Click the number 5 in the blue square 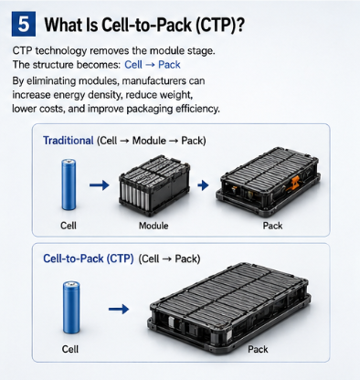coord(24,24)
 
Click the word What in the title coord(63,25)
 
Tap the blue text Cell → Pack coord(153,65)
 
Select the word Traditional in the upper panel coord(69,141)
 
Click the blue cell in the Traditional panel coord(69,185)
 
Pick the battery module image coord(154,185)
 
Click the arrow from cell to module coord(100,185)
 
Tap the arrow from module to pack coord(203,185)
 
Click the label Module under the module coord(154,226)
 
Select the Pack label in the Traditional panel coord(272,226)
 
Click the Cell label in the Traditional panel coord(69,226)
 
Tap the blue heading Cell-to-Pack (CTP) coord(89,259)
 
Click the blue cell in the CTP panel coord(71,307)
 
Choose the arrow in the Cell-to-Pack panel coord(119,309)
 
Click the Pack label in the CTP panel coord(258,349)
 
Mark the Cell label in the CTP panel coord(70,349)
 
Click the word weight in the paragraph coord(177,95)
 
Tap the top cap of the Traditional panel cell coord(69,161)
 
